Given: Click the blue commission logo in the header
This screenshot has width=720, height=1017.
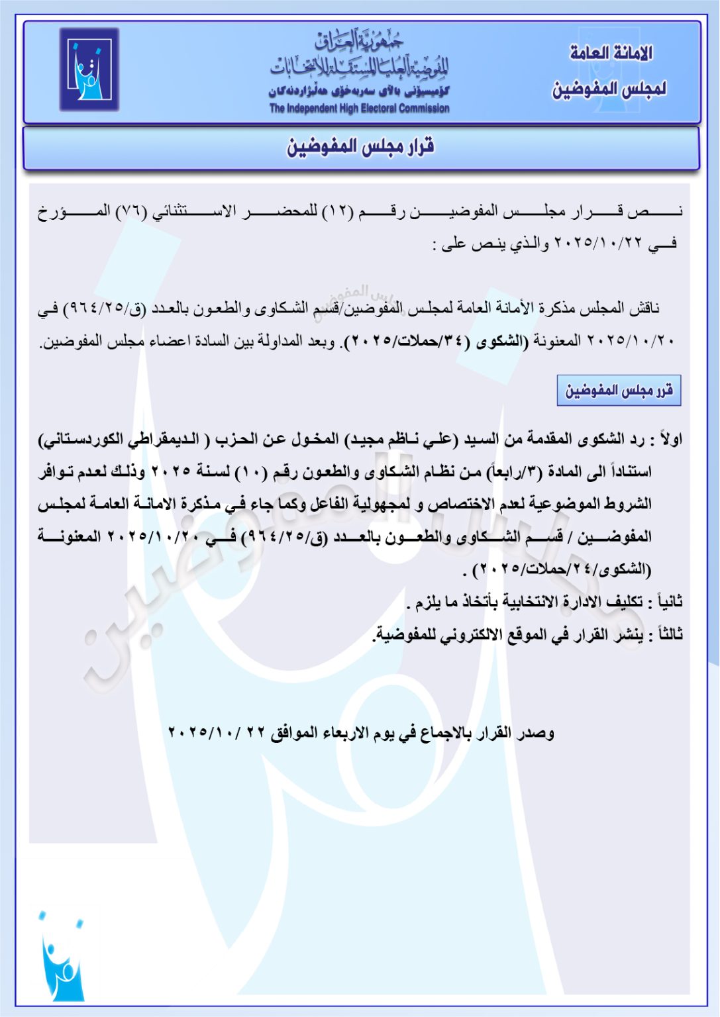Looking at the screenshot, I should pos(89,69).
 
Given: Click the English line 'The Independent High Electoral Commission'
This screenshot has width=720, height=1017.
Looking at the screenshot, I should pos(359,108).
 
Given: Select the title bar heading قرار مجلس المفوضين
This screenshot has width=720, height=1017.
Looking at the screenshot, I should pos(360,146).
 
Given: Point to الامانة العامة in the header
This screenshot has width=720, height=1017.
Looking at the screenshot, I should pos(611,53).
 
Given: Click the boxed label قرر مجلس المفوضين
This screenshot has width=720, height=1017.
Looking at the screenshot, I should pos(619,391).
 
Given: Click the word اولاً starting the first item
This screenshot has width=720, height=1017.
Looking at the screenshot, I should pos(668,439).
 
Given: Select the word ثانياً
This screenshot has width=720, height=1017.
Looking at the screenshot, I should pos(664,602).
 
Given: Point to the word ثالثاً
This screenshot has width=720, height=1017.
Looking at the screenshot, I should pos(664,634).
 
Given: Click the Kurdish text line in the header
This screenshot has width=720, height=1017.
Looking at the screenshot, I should pos(359,91).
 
